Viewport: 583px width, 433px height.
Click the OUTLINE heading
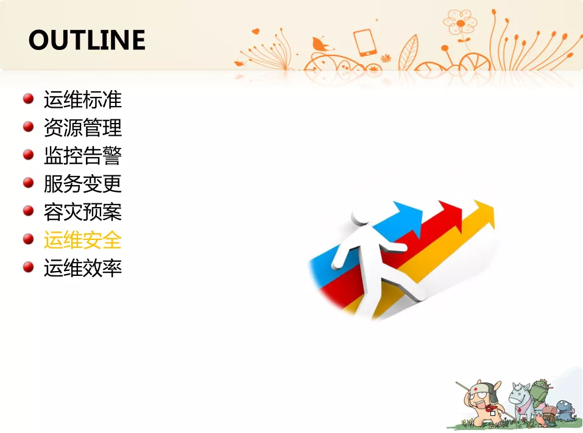click(x=87, y=40)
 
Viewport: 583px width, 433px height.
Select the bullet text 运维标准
click(x=83, y=100)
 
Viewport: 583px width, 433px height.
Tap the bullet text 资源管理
click(x=83, y=127)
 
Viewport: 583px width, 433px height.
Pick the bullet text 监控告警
click(x=83, y=155)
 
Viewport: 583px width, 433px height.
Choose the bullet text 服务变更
click(x=83, y=183)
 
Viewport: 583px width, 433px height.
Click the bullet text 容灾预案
click(x=83, y=212)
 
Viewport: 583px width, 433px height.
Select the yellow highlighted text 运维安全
click(x=83, y=240)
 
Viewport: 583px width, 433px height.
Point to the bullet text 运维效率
click(x=83, y=268)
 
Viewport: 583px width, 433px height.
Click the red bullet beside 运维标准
click(x=28, y=99)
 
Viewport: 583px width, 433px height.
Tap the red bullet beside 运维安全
click(x=28, y=239)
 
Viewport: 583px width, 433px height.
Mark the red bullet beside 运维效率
click(x=28, y=267)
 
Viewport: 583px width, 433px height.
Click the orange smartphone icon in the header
click(x=365, y=43)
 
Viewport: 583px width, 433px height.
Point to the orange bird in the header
click(x=320, y=44)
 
